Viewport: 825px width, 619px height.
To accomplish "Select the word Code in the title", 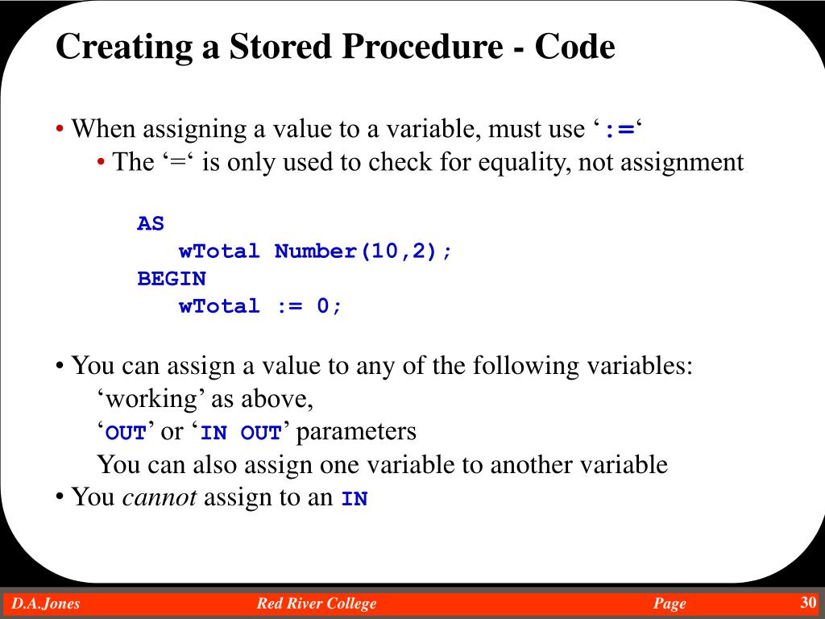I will click(x=576, y=48).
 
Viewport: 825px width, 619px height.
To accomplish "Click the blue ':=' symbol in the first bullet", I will click(x=620, y=130).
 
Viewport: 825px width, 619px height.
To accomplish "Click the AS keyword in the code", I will click(x=151, y=223).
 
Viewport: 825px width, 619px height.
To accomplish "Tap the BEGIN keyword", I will click(x=172, y=279).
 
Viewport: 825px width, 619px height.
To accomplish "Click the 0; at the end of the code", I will click(x=330, y=306).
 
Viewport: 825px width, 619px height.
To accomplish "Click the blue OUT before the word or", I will click(x=126, y=433).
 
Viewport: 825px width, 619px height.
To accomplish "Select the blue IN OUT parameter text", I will click(x=241, y=433).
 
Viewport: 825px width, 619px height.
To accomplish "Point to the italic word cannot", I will click(x=160, y=497).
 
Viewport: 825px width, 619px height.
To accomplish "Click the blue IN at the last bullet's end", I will click(x=354, y=499).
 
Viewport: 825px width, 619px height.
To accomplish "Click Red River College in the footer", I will click(x=317, y=604).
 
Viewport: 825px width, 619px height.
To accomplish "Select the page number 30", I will click(x=808, y=603).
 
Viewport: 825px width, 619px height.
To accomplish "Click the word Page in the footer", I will click(x=670, y=604).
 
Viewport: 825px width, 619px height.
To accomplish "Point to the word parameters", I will click(x=357, y=432).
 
